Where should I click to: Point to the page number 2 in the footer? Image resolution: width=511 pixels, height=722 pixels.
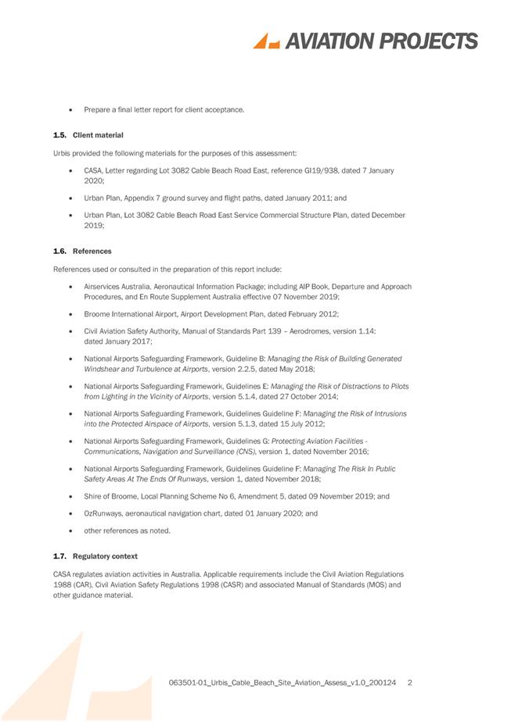point(410,683)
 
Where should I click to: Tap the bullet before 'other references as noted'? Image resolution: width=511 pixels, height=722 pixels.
point(71,531)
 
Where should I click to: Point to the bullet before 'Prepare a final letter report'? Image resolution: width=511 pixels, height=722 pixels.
point(71,109)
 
